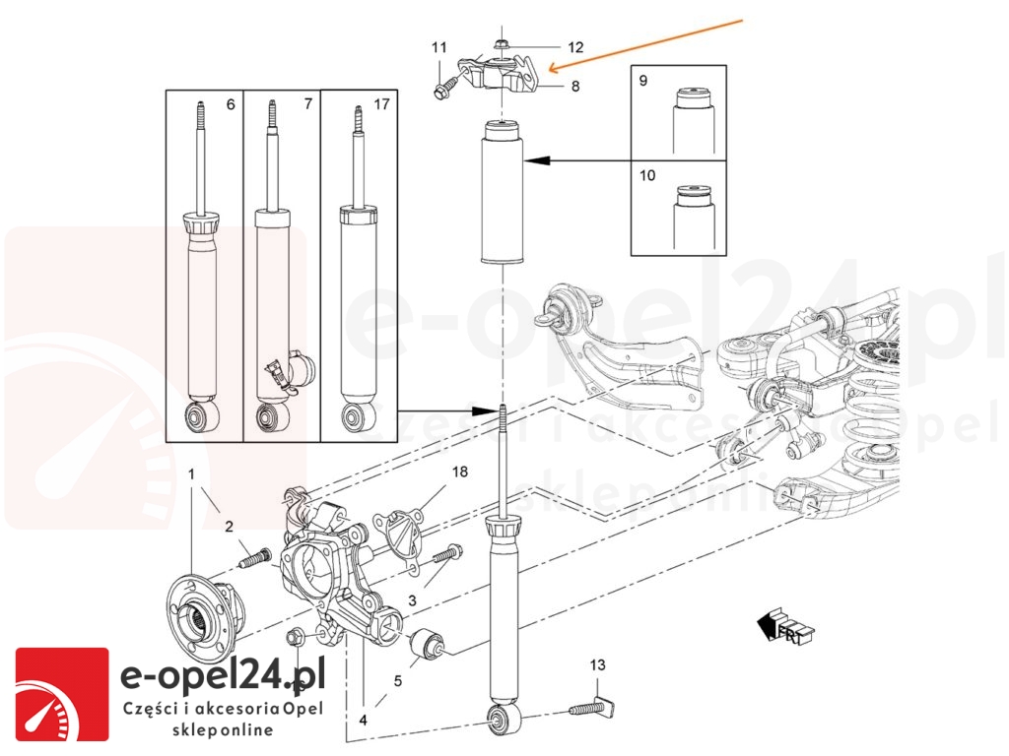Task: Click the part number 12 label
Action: (x=575, y=46)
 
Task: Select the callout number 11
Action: (x=439, y=47)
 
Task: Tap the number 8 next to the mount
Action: (x=574, y=86)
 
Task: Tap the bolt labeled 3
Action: (x=444, y=555)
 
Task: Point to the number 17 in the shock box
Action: (x=383, y=102)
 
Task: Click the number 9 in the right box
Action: (x=642, y=81)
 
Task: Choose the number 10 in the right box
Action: (x=646, y=176)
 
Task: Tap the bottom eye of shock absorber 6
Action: (x=204, y=417)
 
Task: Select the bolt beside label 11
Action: (x=441, y=90)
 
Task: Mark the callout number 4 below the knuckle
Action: (x=364, y=720)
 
